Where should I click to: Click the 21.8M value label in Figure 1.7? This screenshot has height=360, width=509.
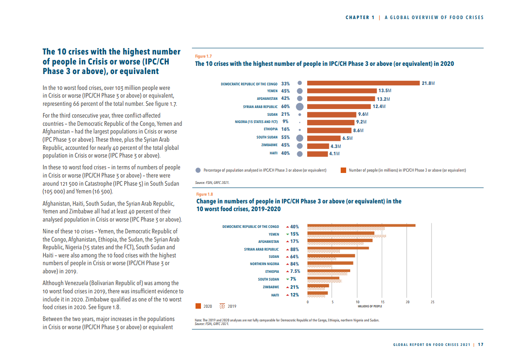428,83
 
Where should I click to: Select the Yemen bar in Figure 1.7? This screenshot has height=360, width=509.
342,91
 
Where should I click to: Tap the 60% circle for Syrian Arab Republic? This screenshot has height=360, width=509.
299,107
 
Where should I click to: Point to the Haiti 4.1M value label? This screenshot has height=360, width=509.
334,153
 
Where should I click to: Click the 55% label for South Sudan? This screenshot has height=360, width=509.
285,137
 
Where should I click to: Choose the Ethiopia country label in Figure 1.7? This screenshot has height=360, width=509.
270,129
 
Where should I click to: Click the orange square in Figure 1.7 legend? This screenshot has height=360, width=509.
343,170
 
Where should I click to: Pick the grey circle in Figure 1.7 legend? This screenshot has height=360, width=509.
198,170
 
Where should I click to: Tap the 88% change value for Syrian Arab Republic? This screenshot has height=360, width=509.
294,249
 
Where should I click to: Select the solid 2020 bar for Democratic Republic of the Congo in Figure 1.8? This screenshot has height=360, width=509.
361,225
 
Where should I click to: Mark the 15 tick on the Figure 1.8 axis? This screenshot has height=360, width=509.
382,302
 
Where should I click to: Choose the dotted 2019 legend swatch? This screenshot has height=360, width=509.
222,306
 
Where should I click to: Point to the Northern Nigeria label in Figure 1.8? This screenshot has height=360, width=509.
264,264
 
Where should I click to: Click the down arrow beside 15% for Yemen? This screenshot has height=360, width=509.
287,234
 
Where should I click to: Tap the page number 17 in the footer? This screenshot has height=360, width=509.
481,345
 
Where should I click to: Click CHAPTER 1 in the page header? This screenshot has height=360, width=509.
360,18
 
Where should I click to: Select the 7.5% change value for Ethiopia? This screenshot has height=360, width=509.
295,271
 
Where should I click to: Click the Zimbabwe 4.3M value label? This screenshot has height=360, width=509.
335,146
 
